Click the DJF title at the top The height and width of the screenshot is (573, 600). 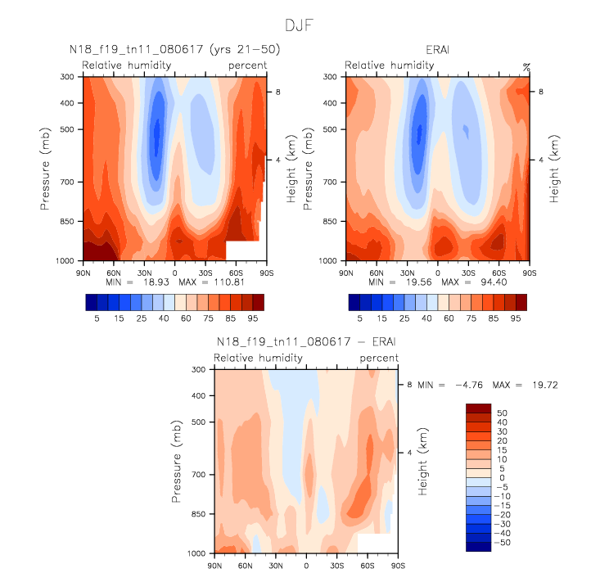pos(299,25)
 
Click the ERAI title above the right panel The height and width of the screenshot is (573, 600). pos(437,51)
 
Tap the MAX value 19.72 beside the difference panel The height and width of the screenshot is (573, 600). pos(544,385)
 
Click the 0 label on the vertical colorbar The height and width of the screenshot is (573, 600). pos(500,478)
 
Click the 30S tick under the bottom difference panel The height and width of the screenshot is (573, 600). pos(336,566)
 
